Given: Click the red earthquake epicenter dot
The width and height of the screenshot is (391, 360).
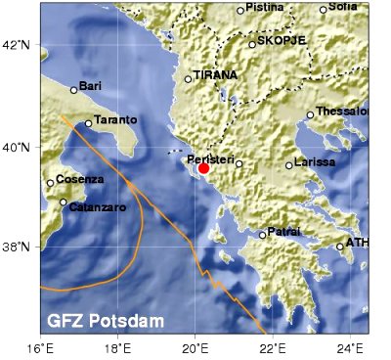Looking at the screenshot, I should coord(203,168).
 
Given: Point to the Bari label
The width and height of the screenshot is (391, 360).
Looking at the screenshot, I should coord(90,85).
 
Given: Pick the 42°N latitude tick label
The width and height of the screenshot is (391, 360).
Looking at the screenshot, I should coord(20,45).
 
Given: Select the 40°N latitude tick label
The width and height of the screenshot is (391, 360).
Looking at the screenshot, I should coord(20,147).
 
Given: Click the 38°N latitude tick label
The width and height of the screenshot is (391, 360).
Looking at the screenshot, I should coord(20,247).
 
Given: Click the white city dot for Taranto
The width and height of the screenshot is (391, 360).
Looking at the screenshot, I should coord(88,123).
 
